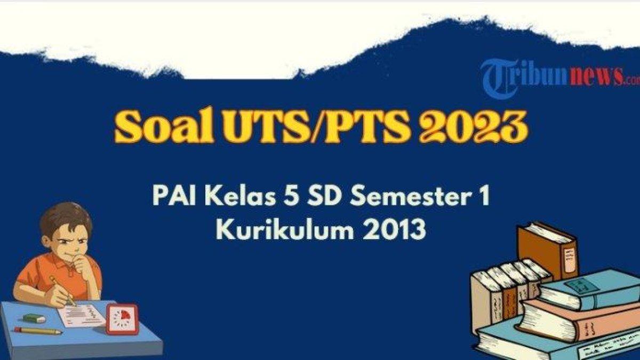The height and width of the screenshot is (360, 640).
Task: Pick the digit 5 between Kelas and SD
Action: tap(286, 197)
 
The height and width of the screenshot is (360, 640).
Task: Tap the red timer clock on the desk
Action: tap(122, 319)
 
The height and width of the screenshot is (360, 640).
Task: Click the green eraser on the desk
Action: tap(34, 318)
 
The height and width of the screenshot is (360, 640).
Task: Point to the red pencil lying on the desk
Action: tap(37, 331)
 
